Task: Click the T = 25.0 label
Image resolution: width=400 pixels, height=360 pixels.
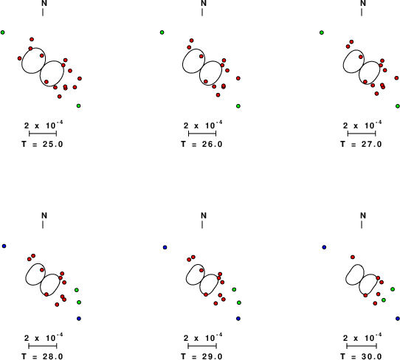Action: coord(42,144)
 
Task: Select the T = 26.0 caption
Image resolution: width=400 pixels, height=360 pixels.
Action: coord(201,144)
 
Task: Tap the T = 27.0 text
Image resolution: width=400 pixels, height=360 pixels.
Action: coord(361,144)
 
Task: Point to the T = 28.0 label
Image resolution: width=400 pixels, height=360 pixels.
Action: coord(42,356)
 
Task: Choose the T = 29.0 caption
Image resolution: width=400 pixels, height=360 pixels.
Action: coord(201,356)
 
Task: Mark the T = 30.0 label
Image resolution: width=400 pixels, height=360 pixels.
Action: coord(361,356)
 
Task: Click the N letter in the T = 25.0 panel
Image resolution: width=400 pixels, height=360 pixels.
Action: coord(44,3)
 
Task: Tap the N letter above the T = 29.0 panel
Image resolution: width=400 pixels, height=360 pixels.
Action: coord(204,215)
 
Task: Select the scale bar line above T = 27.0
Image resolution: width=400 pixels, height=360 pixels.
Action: coord(362,134)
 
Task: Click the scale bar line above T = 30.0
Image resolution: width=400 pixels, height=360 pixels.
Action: coord(362,346)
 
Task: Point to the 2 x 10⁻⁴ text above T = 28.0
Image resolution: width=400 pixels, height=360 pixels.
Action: coord(44,338)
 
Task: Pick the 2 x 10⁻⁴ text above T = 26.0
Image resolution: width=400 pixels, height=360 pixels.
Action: coord(203,125)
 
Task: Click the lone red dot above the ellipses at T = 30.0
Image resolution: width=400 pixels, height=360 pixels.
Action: coord(353,257)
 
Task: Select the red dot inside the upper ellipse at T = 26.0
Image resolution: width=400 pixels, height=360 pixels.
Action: coord(201,56)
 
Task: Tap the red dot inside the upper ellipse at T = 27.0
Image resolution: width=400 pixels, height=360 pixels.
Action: coord(360,57)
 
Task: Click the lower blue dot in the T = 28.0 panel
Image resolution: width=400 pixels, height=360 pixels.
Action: coord(79,319)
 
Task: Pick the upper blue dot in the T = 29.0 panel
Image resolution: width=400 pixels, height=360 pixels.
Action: coord(165,247)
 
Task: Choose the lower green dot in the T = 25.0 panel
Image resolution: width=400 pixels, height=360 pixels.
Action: coord(78,105)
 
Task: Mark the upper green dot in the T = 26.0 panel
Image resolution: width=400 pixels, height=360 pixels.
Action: coord(162,32)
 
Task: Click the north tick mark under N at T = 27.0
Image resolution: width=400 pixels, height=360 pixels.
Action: coord(362,13)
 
